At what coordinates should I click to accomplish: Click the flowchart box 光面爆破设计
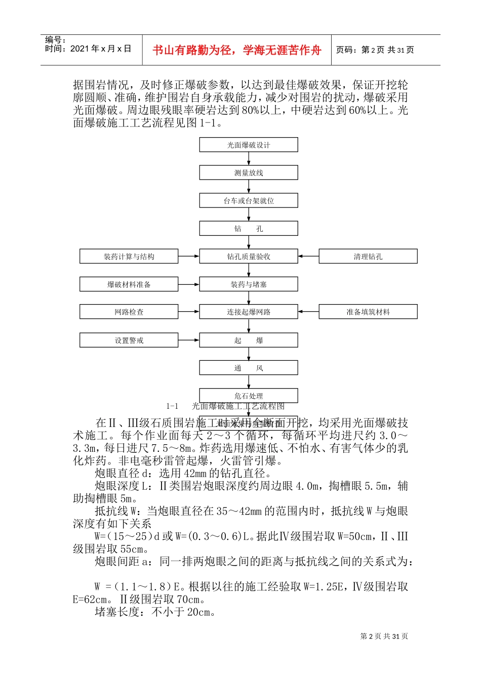pos(248,145)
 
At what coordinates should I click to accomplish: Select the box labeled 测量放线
pos(248,173)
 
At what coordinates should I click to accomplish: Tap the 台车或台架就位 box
pos(248,200)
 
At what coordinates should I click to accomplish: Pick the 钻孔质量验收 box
pos(248,257)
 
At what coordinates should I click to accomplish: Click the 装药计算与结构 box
pos(129,257)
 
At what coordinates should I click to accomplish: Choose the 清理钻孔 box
pos(368,257)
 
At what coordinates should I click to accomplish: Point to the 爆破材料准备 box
pos(129,284)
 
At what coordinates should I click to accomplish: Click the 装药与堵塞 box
pos(248,284)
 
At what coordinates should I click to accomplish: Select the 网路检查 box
pos(129,312)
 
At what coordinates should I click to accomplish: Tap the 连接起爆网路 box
pos(248,312)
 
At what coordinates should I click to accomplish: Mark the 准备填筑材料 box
pos(368,312)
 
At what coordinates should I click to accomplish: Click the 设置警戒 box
pos(129,340)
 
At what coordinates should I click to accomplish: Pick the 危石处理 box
pos(248,395)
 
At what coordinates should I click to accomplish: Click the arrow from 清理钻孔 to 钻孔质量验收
pos(308,257)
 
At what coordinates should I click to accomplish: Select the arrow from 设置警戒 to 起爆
pos(189,340)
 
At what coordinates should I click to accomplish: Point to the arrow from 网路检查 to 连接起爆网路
pos(189,312)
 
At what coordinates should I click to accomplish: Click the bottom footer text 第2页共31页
pos(384,636)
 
